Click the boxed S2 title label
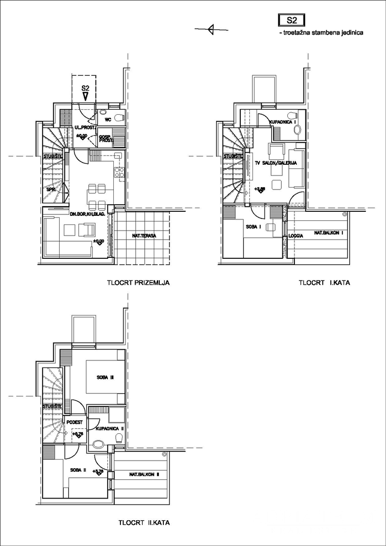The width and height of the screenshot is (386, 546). pyautogui.click(x=291, y=20)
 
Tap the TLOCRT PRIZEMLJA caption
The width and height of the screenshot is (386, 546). pyautogui.click(x=138, y=283)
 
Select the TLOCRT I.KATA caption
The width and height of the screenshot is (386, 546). pyautogui.click(x=324, y=283)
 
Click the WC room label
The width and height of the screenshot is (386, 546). pyautogui.click(x=108, y=120)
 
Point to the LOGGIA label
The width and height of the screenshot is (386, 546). pyautogui.click(x=296, y=236)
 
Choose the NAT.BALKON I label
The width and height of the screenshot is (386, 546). pyautogui.click(x=329, y=233)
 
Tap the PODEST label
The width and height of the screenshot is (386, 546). pyautogui.click(x=74, y=422)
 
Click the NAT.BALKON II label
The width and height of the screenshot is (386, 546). pyautogui.click(x=145, y=475)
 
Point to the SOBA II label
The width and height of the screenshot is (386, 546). pyautogui.click(x=78, y=470)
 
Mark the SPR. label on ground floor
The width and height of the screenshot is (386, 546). pyautogui.click(x=51, y=190)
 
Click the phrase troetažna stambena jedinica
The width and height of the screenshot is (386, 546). pyautogui.click(x=321, y=33)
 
